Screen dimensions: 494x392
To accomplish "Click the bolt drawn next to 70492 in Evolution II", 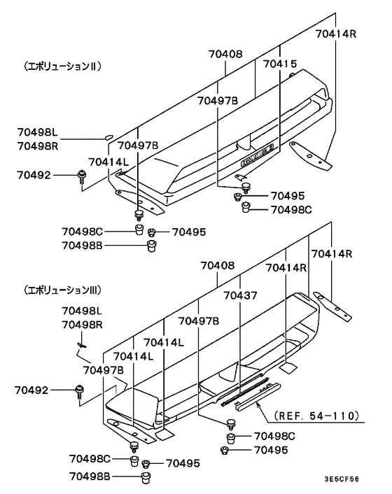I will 83,178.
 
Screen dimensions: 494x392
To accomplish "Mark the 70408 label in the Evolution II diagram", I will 225,53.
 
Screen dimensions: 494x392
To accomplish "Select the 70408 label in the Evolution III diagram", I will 218,267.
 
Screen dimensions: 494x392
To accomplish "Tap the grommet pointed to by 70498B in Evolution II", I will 150,245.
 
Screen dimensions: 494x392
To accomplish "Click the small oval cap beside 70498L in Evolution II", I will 108,137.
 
